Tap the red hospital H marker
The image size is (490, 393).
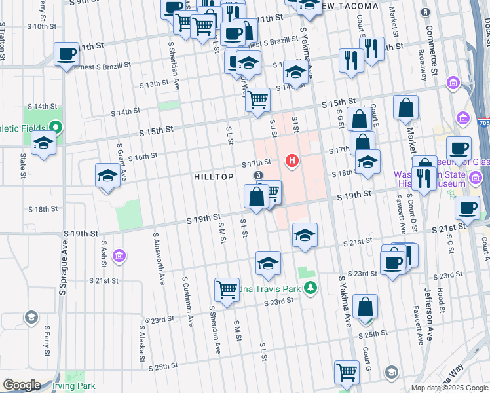click(293, 160)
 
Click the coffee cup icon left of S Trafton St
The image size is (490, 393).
click(66, 54)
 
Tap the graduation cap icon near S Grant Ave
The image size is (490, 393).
click(108, 176)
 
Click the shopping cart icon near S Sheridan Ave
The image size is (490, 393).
click(227, 289)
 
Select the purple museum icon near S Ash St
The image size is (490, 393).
click(119, 255)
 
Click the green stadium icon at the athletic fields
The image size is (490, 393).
click(56, 127)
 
